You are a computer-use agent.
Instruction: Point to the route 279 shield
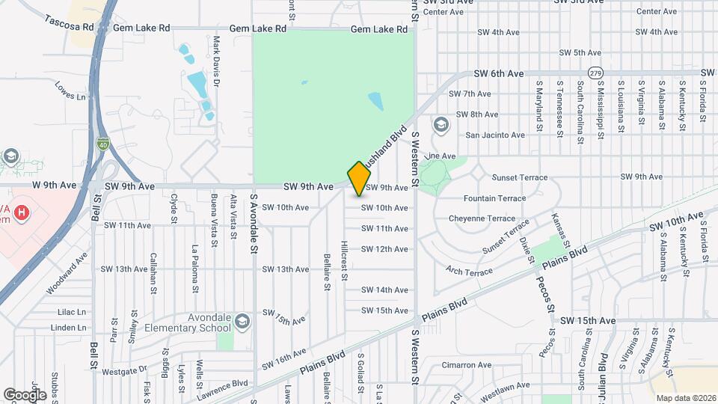[x=595, y=73]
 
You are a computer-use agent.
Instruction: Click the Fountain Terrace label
[x=494, y=199]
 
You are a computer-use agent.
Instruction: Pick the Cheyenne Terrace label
[x=482, y=218]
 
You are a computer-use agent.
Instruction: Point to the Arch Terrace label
[x=470, y=270]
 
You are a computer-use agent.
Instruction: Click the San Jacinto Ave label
[x=495, y=135]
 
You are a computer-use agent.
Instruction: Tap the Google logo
[x=25, y=394]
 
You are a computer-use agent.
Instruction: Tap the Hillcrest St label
[x=344, y=260]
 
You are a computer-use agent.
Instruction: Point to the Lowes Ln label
[x=71, y=97]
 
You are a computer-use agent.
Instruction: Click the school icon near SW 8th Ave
[x=441, y=124]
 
